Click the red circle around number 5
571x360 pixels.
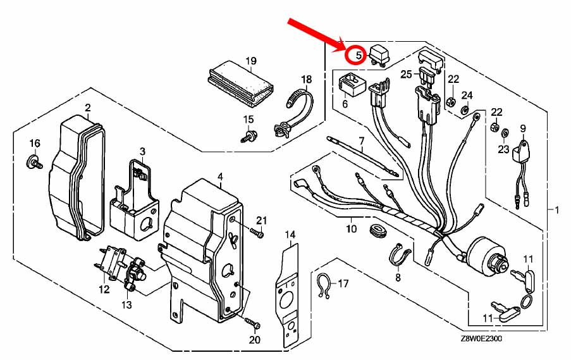point(358,54)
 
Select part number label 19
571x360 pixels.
point(251,61)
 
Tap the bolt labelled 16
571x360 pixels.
point(35,161)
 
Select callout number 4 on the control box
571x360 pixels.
point(220,177)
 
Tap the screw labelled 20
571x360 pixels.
point(252,325)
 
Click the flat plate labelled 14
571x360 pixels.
point(290,291)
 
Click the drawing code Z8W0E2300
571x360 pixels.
point(482,339)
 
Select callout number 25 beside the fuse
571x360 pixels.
point(406,74)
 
